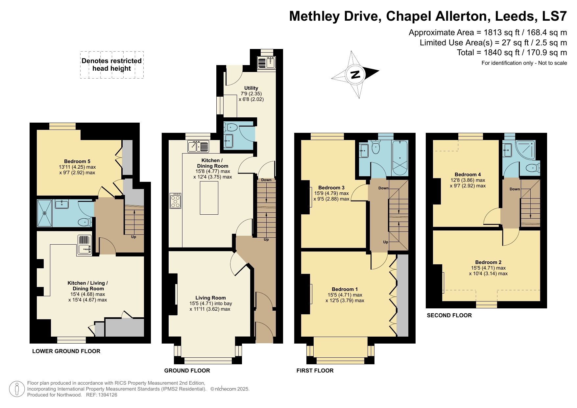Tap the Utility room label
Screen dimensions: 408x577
point(251,88)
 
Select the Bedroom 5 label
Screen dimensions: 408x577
point(77,161)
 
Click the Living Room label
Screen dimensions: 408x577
point(210,298)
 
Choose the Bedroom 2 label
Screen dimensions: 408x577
point(488,262)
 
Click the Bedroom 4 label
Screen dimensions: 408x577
point(468,175)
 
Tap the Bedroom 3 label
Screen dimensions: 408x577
point(331,188)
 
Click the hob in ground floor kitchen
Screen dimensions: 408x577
point(175,201)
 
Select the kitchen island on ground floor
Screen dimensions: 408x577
point(209,198)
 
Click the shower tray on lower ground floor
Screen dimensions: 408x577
point(45,213)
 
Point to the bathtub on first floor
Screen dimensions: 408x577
point(400,158)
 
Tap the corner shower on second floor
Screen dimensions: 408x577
point(525,150)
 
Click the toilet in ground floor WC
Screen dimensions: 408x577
point(231,127)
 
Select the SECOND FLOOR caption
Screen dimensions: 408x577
point(449,315)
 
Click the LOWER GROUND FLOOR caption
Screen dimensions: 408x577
point(66,351)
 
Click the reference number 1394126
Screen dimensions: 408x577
point(106,395)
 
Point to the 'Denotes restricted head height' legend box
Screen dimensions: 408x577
point(112,65)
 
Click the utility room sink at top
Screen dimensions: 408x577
point(266,62)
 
